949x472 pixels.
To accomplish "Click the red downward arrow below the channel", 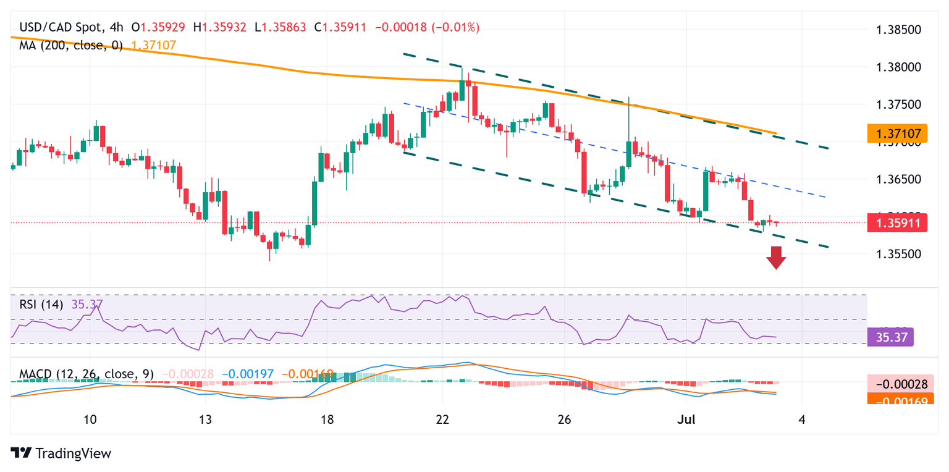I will [776, 258].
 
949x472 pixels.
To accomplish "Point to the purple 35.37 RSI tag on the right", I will [890, 337].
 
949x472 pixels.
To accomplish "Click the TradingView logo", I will [61, 453].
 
